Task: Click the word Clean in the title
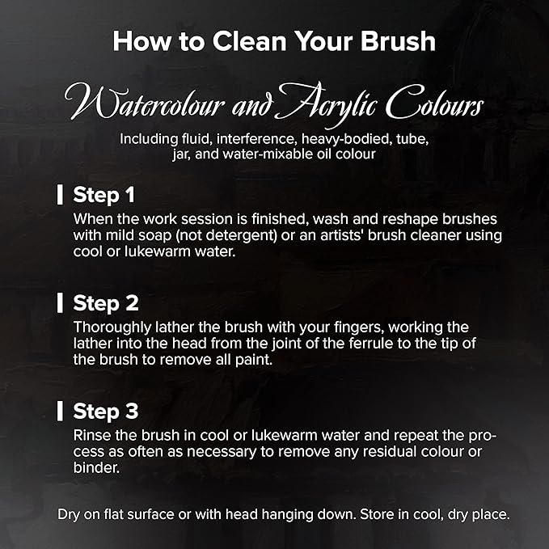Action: tap(249, 41)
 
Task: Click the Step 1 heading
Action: tap(103, 195)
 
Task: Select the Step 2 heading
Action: tap(106, 303)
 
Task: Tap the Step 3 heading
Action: tap(106, 411)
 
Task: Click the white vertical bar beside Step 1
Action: tap(60, 195)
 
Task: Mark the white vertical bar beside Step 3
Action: tap(60, 411)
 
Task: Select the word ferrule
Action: tap(370, 344)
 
